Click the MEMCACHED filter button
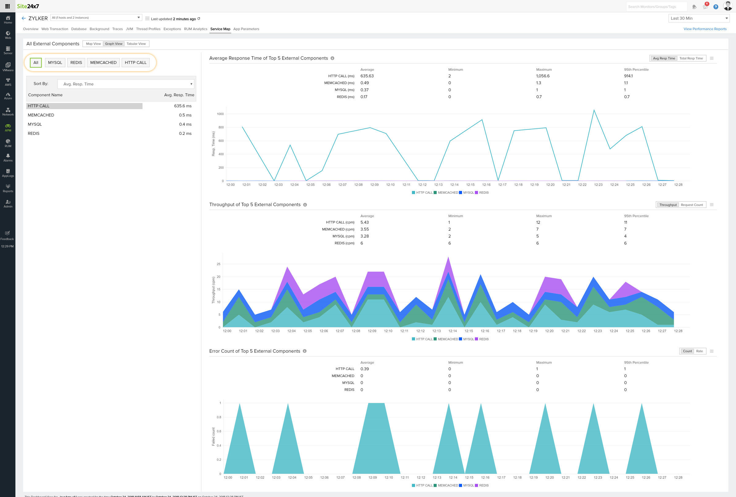click(103, 62)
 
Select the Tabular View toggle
click(136, 44)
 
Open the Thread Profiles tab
click(148, 29)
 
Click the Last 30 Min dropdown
click(699, 18)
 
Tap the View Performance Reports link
click(705, 29)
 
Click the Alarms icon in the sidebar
click(8, 157)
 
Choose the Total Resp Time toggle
click(691, 58)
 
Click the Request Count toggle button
click(691, 205)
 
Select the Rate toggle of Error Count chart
click(699, 351)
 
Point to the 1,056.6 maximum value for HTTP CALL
click(542, 76)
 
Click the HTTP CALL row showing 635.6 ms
click(109, 106)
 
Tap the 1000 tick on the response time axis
click(220, 114)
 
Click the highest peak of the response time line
click(594, 110)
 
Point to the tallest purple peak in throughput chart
click(448, 258)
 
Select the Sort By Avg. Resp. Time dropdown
click(126, 84)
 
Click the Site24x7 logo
click(28, 6)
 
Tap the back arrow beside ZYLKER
click(23, 18)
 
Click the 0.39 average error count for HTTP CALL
click(365, 369)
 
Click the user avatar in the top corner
click(727, 6)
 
